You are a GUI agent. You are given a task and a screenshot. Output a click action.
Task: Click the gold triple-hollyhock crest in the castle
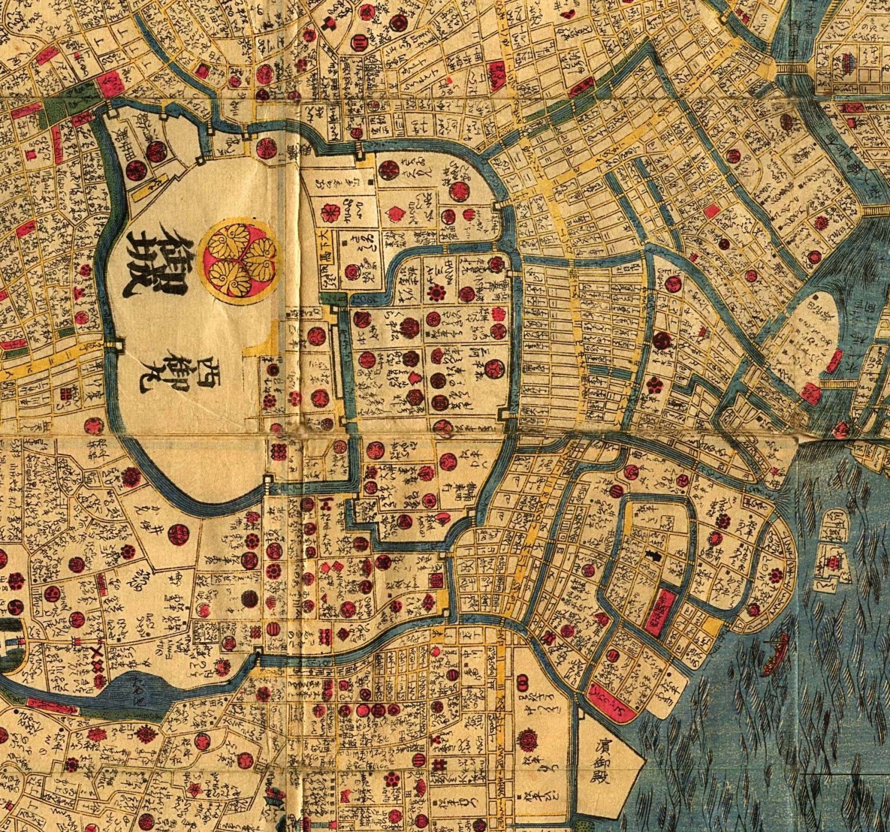[x=238, y=261]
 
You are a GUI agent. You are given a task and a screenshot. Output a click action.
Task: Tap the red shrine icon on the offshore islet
[x=833, y=561]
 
